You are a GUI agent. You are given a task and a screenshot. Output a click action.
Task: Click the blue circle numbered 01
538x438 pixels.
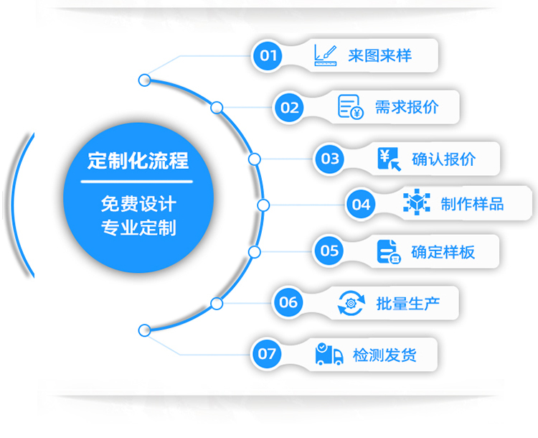coord(268,55)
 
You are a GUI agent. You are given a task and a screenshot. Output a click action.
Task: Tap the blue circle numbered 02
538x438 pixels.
coord(290,108)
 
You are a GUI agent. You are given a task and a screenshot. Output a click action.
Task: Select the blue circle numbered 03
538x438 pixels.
coord(330,159)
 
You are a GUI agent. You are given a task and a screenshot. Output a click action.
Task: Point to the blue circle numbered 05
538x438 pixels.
coord(329,251)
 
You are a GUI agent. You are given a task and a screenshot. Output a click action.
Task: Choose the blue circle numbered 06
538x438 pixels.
coord(288,302)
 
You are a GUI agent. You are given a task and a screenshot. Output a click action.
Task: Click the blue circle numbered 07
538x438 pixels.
coord(267,353)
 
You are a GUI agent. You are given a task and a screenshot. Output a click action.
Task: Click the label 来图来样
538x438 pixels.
coord(379,55)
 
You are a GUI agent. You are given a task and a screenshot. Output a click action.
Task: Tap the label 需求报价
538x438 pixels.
coord(407,108)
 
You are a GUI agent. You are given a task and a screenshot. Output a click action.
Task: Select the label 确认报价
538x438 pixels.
coord(443,159)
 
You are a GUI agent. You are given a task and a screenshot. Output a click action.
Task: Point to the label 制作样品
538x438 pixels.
coord(472,204)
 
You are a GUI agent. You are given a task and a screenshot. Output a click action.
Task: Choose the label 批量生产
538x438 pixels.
coord(407,302)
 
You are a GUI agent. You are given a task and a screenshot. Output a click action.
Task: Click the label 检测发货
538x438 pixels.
coord(384,354)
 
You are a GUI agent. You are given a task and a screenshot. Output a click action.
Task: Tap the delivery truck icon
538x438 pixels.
coord(329,354)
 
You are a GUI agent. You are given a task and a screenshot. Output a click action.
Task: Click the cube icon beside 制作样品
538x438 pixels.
coord(416,203)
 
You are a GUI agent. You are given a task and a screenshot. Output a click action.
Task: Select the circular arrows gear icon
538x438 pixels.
coord(351,302)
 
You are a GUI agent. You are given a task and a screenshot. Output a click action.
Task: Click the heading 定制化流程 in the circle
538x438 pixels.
coord(138,160)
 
